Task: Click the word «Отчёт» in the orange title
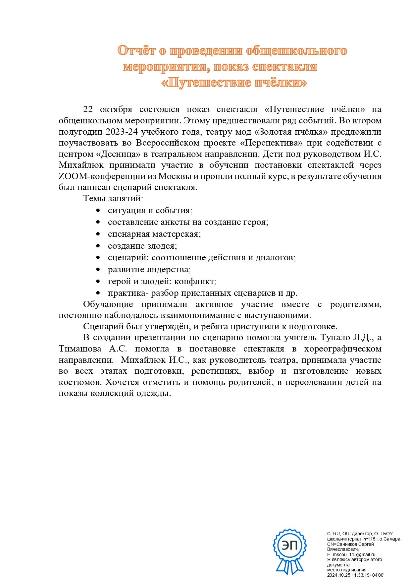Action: tap(136, 51)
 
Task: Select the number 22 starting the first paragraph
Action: tap(88, 109)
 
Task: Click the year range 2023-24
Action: tap(122, 132)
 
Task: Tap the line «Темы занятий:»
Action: tap(113, 199)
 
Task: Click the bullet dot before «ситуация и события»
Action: tap(98, 211)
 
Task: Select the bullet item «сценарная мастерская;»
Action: tap(154, 234)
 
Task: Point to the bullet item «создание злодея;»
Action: tap(142, 246)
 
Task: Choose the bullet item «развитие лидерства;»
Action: tap(149, 270)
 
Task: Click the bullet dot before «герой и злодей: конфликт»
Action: tap(98, 282)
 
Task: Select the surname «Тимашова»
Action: tap(80, 349)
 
